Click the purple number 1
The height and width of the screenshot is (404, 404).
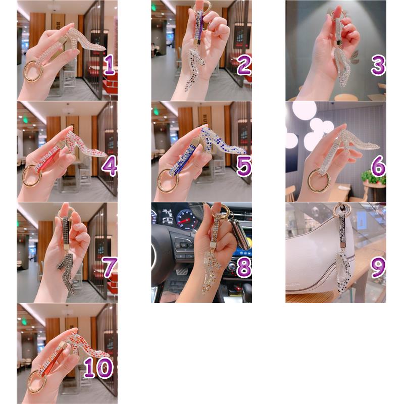pos(109,65)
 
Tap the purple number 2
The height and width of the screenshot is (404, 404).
pos(244,65)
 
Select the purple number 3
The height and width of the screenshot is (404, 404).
pos(378,65)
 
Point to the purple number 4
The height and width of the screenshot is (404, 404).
pos(109,166)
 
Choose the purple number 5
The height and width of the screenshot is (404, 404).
pos(244,166)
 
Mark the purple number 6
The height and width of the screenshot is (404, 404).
pos(378,166)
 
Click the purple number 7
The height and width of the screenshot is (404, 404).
pos(110,267)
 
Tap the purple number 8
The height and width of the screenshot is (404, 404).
pos(244,267)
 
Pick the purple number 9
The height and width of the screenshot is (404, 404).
pos(378,267)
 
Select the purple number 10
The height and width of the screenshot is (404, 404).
pos(98,368)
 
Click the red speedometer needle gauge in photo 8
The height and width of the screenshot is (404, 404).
pos(186,221)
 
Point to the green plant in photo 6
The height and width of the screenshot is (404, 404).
pos(373,177)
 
